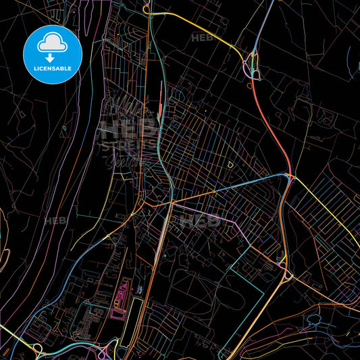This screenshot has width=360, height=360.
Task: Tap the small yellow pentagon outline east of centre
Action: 230,164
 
